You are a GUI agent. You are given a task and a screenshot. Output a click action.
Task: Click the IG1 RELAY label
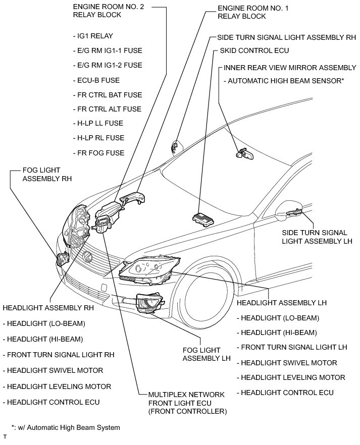pos(95,36)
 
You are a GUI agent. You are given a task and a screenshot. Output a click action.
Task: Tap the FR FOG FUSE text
pos(100,153)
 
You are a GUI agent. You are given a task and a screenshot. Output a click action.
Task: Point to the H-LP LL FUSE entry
pos(100,124)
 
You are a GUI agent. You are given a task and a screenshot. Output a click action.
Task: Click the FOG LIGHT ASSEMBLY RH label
pos(47,175)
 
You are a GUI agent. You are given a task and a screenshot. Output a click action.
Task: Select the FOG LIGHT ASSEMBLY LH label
pos(206,354)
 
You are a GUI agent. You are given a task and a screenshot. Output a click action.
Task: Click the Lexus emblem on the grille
pos(91,257)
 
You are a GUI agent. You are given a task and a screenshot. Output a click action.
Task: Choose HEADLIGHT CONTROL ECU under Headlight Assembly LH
pos(287,392)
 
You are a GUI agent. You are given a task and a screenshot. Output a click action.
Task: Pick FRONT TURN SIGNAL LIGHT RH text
pos(58,355)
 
